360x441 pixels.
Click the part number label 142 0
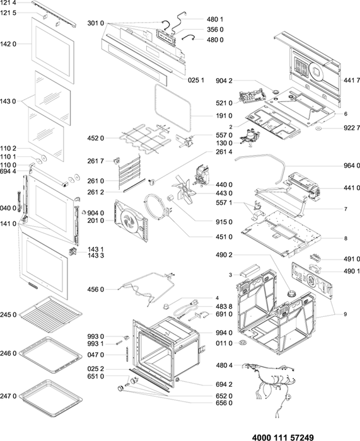(8, 44)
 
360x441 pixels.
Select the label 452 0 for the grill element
(95, 138)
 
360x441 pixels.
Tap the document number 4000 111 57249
(282, 437)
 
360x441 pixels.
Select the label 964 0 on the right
(352, 166)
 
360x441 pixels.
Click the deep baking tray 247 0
(52, 398)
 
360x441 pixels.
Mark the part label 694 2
(224, 384)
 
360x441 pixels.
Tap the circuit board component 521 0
(252, 96)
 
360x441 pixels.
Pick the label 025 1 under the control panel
(196, 80)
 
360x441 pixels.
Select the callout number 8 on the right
(345, 238)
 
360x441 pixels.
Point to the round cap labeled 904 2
(276, 92)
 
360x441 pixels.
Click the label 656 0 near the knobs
(224, 403)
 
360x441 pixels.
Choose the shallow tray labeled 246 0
(52, 355)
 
